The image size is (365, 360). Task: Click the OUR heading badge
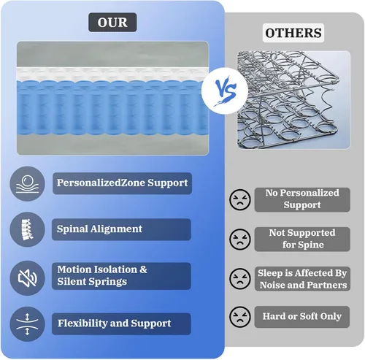(x=112, y=23)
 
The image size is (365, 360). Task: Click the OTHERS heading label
(x=293, y=33)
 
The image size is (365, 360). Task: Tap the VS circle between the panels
(x=225, y=91)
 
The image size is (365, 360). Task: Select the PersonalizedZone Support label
(x=122, y=183)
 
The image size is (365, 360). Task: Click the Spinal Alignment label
(x=121, y=229)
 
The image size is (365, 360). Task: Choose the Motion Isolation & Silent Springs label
(x=121, y=276)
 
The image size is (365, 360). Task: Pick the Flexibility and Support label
(x=121, y=323)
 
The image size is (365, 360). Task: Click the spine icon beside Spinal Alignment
(x=27, y=229)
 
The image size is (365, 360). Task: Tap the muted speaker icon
(x=27, y=278)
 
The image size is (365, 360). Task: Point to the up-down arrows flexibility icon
(x=27, y=324)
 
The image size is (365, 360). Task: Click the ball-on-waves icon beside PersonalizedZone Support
(x=27, y=184)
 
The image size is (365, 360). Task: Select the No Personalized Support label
(x=302, y=199)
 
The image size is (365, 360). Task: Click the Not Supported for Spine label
(x=302, y=239)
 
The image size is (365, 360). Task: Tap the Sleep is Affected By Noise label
(x=302, y=279)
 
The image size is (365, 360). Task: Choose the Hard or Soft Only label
(x=302, y=317)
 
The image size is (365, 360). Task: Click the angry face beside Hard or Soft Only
(x=240, y=317)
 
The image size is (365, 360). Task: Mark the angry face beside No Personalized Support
(x=240, y=199)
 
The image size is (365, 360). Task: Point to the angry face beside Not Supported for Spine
(x=240, y=239)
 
